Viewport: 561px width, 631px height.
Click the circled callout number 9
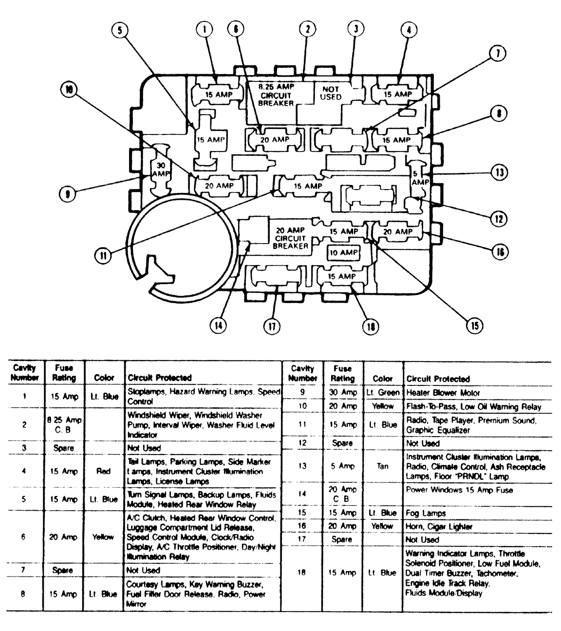pyautogui.click(x=67, y=194)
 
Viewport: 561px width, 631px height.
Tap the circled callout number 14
pyautogui.click(x=218, y=325)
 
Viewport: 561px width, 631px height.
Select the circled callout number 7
pyautogui.click(x=497, y=54)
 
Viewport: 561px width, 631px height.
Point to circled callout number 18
pyautogui.click(x=371, y=327)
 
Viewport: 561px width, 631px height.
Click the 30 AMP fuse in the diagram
pyautogui.click(x=160, y=170)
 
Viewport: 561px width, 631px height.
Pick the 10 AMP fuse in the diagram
pyautogui.click(x=343, y=253)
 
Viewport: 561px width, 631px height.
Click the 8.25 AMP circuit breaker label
pyautogui.click(x=276, y=95)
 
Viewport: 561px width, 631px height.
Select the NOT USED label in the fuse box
pyautogui.click(x=331, y=93)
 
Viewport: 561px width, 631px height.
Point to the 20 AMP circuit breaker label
pyautogui.click(x=290, y=238)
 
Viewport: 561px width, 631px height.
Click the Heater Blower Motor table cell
pyautogui.click(x=443, y=393)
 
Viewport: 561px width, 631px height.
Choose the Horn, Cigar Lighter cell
pyautogui.click(x=439, y=526)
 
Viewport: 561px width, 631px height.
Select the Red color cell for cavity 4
pyautogui.click(x=103, y=471)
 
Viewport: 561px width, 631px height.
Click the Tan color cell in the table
pyautogui.click(x=382, y=466)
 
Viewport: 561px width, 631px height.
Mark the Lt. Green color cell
pyautogui.click(x=382, y=393)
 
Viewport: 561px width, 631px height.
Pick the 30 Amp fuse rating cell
pyautogui.click(x=342, y=392)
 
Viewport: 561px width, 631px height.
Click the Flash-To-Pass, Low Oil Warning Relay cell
pyautogui.click(x=473, y=406)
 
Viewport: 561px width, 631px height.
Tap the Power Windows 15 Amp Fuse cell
pyautogui.click(x=459, y=490)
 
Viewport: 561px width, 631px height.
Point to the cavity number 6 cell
pyautogui.click(x=24, y=537)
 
